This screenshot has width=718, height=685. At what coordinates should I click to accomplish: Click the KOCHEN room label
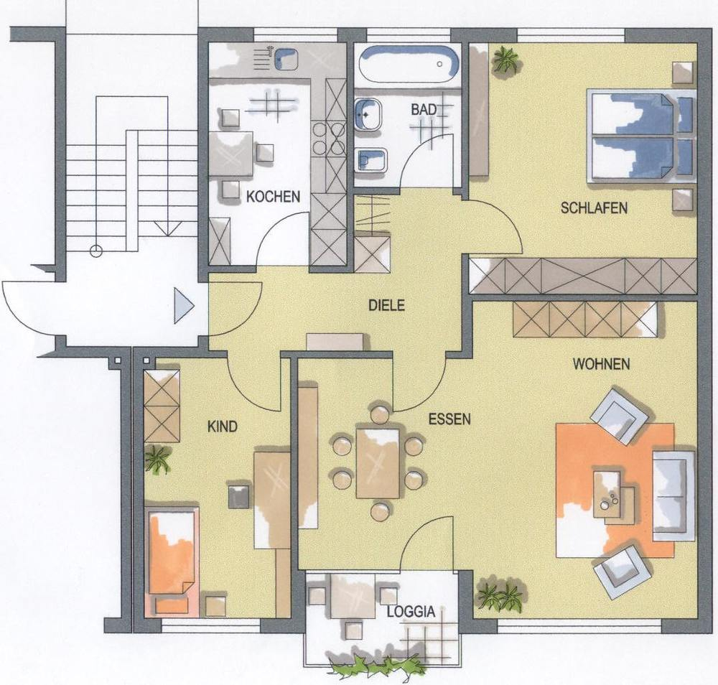273,197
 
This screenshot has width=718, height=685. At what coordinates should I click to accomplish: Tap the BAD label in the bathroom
424,110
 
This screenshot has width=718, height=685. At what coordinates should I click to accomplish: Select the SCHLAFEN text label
594,208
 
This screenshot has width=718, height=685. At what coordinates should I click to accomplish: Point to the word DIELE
387,305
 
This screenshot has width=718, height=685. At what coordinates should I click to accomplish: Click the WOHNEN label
601,364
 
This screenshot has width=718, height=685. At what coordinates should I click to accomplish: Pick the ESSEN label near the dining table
449,419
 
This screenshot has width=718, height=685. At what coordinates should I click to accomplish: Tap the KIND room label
223,427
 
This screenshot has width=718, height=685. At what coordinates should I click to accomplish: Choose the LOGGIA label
411,612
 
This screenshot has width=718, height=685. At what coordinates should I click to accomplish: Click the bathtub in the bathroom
409,64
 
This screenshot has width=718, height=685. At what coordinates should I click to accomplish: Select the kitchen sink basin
286,58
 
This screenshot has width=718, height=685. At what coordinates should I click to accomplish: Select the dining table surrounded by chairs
378,463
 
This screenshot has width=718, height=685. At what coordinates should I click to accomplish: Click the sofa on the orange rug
673,495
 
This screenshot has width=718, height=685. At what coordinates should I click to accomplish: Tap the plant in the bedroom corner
505,60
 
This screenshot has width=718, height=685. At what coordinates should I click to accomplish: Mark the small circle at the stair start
96,251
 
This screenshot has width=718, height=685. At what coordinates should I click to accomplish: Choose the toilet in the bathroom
371,160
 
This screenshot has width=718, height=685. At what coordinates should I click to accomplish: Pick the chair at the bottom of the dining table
380,511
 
